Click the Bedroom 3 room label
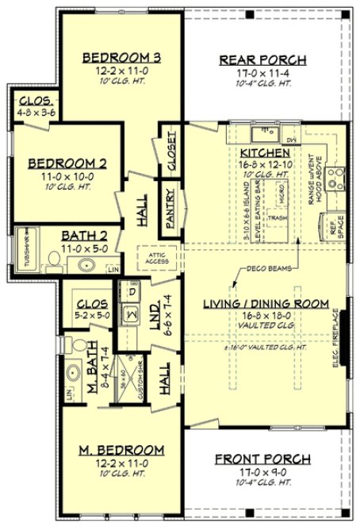click(123, 57)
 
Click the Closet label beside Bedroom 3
click(172, 150)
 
